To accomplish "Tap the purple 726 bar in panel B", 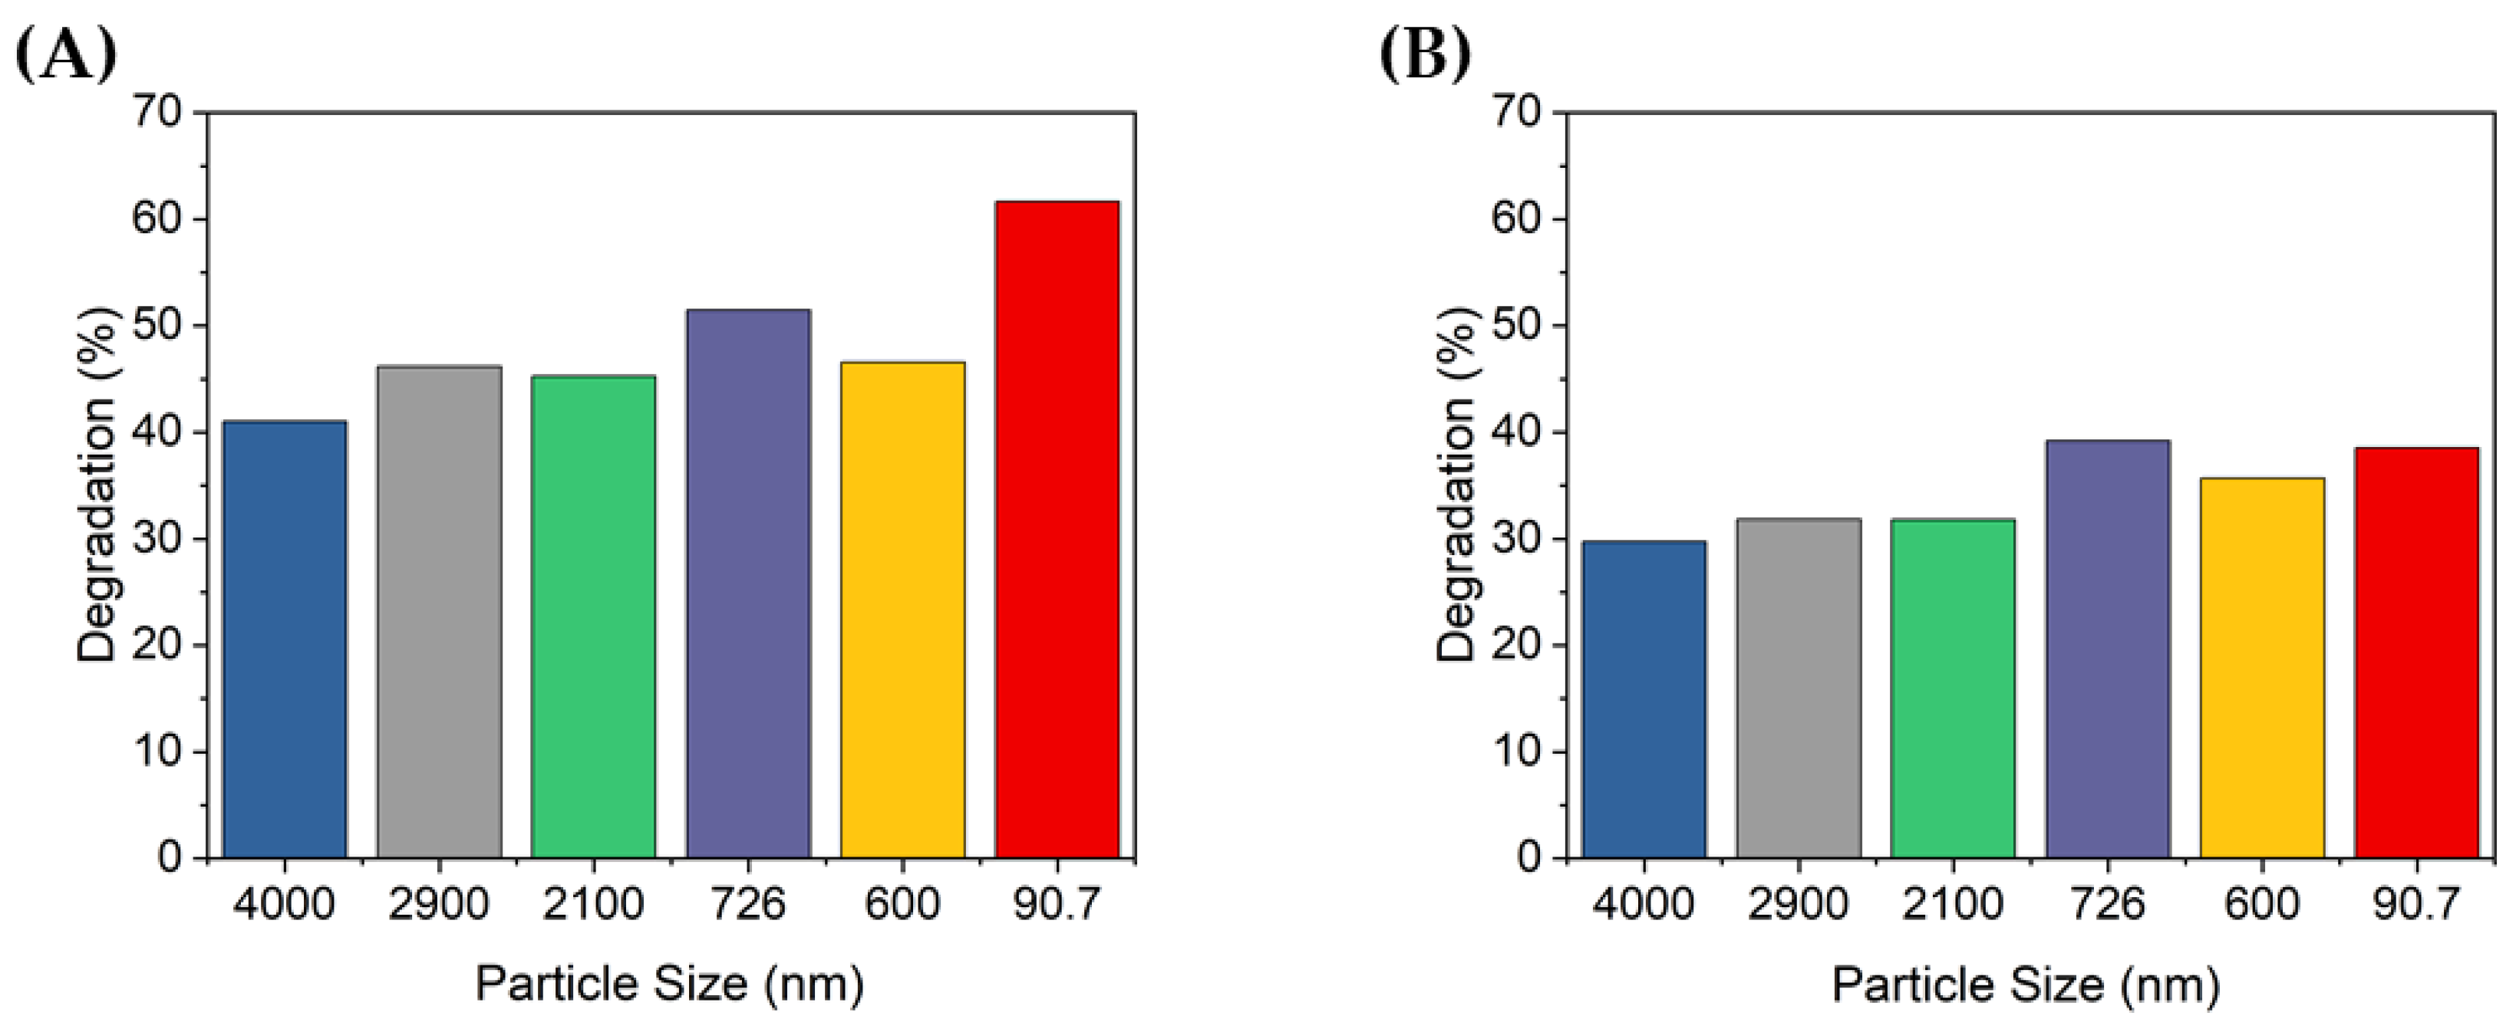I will [2108, 649].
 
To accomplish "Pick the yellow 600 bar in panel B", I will [2261, 668].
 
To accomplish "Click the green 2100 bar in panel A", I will [593, 617].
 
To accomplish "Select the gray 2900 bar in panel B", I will [1798, 689].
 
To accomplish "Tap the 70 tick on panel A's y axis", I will [157, 112].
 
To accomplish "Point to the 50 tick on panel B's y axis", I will [1517, 325].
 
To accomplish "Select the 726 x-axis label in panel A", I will [747, 904].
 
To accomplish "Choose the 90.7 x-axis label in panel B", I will [2415, 904].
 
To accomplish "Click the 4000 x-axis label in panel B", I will [1644, 904].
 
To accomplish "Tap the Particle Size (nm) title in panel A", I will [670, 984].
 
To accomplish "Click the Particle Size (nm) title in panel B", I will [2026, 984].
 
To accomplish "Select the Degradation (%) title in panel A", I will [97, 485].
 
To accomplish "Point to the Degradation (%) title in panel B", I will [1456, 485].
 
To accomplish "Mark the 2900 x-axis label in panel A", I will [439, 904].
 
